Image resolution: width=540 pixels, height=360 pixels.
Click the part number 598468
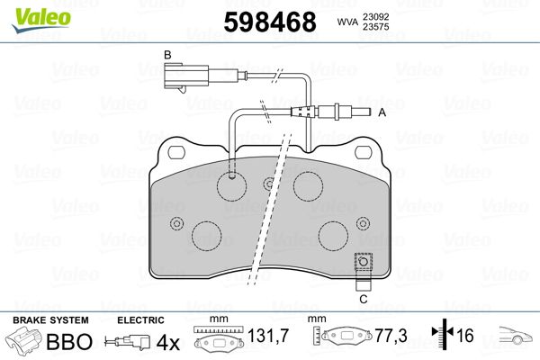pos(270,22)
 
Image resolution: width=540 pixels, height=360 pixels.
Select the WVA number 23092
pos(375,16)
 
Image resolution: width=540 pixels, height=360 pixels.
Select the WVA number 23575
pos(375,27)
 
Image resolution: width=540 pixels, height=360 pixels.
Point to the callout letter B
pos(167,55)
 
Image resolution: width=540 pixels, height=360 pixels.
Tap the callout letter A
pos(382,112)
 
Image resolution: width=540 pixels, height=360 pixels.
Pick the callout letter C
pos(364,300)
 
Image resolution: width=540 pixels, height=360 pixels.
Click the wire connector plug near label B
pos(186,76)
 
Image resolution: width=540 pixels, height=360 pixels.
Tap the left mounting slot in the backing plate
pos(176,152)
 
